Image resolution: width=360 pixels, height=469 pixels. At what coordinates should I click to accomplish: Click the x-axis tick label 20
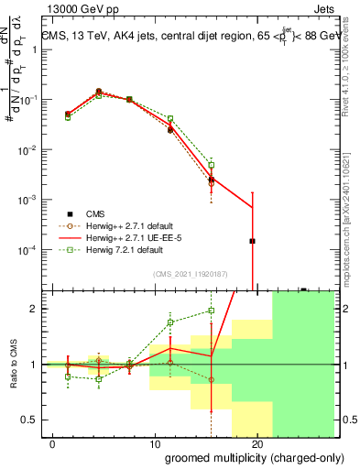click(257, 445)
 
